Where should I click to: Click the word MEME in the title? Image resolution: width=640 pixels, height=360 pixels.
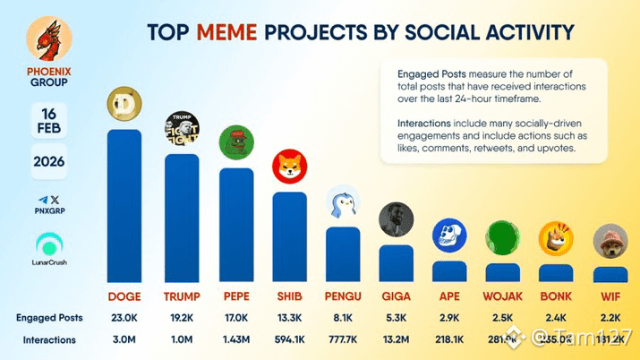[x=226, y=33]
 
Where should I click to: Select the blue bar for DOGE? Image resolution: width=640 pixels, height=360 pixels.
[x=131, y=206]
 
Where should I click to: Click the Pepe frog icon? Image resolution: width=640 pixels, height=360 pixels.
[x=236, y=144]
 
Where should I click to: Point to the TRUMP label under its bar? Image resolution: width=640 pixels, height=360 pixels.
[x=183, y=296]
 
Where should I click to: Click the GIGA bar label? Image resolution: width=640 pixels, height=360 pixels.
[x=396, y=296]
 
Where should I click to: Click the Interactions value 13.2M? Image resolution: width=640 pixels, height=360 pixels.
[x=396, y=339]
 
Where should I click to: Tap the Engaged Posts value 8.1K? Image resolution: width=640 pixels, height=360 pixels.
[x=343, y=317]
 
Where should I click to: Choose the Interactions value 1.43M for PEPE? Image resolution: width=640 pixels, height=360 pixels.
[x=236, y=339]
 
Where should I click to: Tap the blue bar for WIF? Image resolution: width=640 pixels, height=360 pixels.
[x=610, y=273]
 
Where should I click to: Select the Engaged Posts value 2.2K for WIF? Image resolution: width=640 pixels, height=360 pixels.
[x=610, y=317]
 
